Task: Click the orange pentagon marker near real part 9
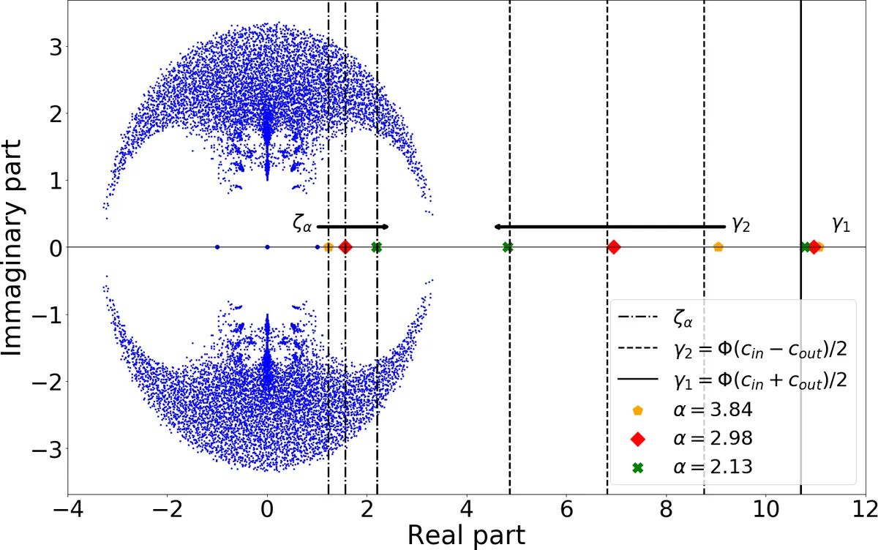point(718,247)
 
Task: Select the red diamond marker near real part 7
point(614,247)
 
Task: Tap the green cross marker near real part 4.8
point(508,247)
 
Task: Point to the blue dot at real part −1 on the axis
point(217,247)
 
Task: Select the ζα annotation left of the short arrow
point(301,225)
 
